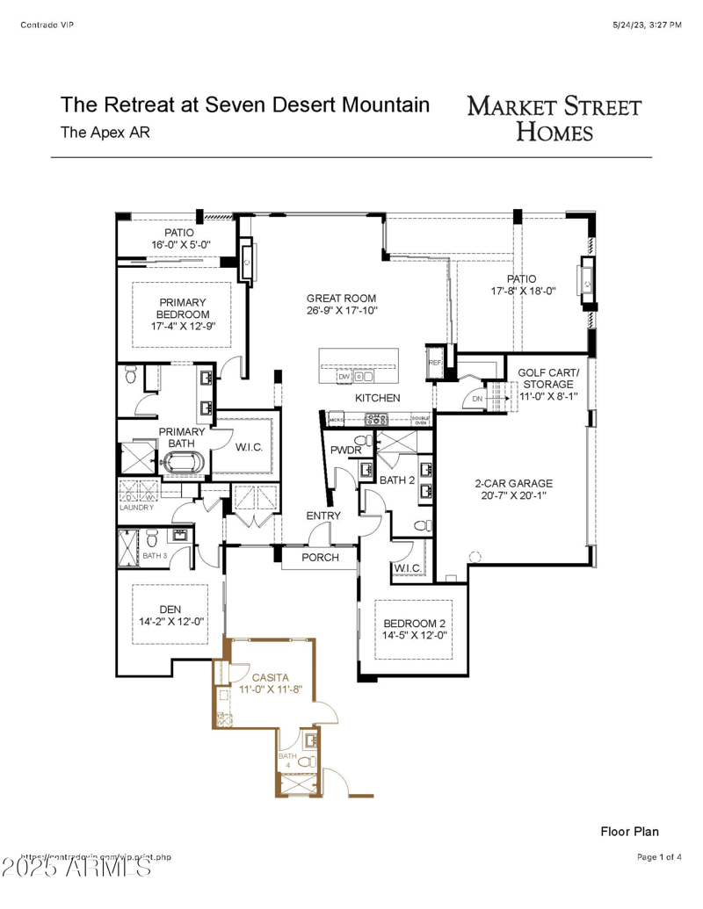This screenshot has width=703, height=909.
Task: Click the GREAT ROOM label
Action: pos(342,298)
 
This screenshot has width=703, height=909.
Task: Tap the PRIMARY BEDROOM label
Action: pos(183,308)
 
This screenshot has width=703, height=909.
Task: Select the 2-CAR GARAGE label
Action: pos(513,483)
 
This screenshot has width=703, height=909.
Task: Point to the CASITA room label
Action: pos(270,678)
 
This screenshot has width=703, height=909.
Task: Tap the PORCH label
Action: pos(320,558)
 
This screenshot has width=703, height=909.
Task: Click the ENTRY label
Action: pos(323,516)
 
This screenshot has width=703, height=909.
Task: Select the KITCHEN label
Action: pos(377,399)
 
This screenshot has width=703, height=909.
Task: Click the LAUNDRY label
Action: pos(136,508)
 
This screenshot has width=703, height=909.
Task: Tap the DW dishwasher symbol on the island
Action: pos(344,377)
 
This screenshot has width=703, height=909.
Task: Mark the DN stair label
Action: pos(477,400)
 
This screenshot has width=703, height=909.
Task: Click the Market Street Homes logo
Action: pos(554,119)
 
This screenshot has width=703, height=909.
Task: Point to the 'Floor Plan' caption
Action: pos(629,831)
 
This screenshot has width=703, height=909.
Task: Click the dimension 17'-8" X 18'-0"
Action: pos(523,291)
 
